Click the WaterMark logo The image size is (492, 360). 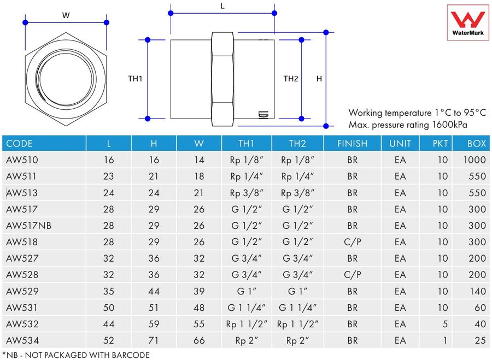468,22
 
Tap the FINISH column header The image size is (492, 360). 352,144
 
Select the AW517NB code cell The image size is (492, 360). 28,226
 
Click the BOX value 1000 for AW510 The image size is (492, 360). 475,160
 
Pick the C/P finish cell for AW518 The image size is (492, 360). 353,242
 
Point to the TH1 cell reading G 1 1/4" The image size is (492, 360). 247,308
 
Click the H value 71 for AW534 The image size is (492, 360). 154,340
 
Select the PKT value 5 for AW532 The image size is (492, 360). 445,324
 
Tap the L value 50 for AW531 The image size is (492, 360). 109,308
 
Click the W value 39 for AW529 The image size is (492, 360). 199,291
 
